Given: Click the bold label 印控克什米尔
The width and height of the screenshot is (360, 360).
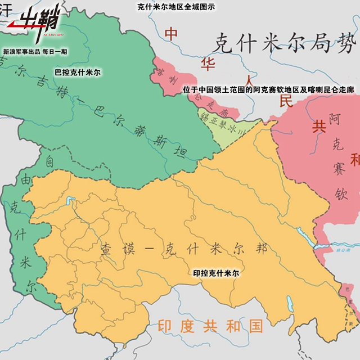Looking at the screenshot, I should tap(216, 273).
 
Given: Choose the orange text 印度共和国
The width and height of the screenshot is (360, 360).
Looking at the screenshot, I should tap(211, 326).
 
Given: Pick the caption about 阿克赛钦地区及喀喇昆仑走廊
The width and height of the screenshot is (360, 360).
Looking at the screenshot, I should tap(269, 89).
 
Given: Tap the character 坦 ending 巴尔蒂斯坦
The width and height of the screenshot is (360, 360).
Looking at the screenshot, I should tap(181, 152).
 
